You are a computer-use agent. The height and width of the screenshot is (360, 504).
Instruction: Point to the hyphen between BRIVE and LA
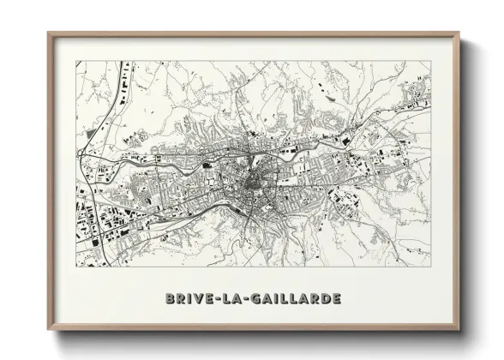[216, 299]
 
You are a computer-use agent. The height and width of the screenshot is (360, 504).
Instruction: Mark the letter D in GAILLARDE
[325, 299]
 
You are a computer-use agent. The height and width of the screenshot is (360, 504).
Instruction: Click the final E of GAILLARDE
[337, 299]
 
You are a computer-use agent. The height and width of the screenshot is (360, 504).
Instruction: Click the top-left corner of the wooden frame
[48, 33]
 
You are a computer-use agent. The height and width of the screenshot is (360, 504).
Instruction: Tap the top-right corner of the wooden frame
[459, 33]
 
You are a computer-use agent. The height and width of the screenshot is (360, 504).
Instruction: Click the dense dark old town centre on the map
[252, 182]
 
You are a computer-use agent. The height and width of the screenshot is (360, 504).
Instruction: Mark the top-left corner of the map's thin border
[75, 61]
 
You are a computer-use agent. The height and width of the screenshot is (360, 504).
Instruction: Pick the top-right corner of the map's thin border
[431, 61]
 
